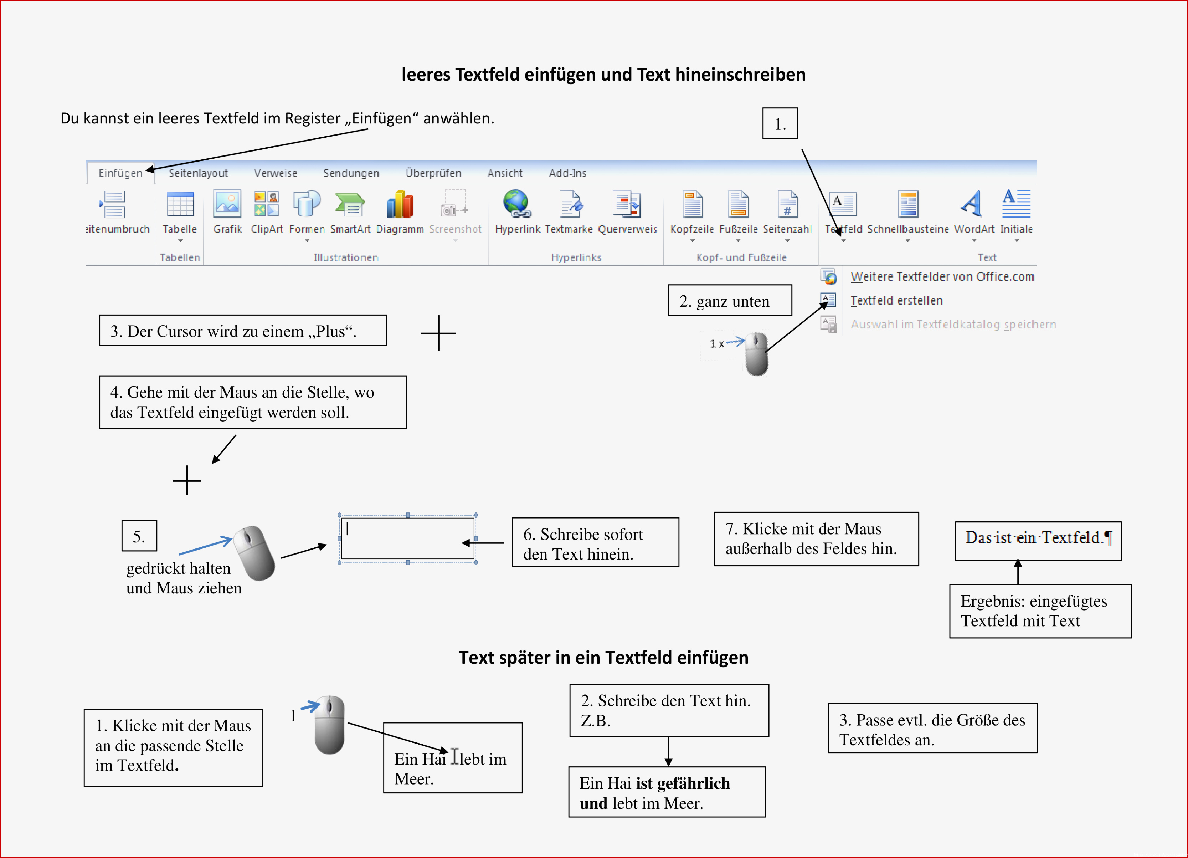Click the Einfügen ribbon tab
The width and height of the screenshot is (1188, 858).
[120, 173]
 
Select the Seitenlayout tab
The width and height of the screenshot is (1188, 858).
[198, 173]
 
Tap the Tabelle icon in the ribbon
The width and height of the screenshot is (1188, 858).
[180, 204]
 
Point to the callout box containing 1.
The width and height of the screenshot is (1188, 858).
[780, 123]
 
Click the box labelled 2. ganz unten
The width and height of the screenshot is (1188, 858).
[730, 300]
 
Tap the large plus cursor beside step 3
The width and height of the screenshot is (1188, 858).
[438, 333]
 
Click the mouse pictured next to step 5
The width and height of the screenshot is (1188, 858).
[254, 553]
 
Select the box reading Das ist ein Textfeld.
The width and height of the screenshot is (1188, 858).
[1038, 541]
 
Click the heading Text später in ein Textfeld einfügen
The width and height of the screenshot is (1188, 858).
[603, 657]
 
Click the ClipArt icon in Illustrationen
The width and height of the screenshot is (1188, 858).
[267, 204]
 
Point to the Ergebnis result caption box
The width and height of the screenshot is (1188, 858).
[1040, 611]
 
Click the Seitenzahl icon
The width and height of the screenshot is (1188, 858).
[787, 204]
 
